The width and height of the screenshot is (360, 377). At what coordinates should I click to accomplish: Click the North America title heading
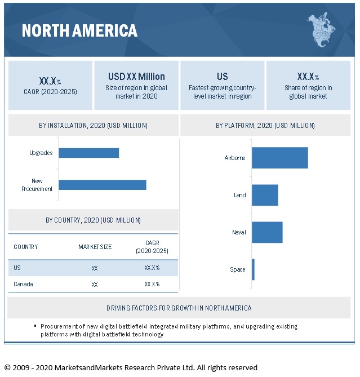[x=79, y=30]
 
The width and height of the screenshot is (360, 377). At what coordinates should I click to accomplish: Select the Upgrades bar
[x=89, y=153]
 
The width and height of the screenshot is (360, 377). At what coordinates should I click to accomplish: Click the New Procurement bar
[x=103, y=185]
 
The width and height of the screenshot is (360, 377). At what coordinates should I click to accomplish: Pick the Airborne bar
[x=280, y=158]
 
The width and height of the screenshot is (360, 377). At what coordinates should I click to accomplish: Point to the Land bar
[x=265, y=195]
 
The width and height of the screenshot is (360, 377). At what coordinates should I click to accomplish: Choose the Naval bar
[x=267, y=232]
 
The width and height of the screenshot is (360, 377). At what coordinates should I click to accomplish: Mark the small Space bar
[x=254, y=269]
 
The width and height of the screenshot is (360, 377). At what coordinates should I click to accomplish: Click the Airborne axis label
[x=235, y=158]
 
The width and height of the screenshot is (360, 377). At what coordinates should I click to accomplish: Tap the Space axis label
[x=238, y=269]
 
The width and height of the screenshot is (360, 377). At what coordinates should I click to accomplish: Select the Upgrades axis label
[x=41, y=153]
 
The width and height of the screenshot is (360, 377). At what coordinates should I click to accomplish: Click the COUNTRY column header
[x=26, y=247]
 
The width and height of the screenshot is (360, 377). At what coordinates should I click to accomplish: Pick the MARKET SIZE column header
[x=95, y=247]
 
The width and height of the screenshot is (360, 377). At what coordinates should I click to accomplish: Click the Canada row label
[x=23, y=284]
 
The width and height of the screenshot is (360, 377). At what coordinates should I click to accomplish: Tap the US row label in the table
[x=17, y=268]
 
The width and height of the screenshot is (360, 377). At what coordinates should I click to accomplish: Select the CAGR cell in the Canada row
[x=152, y=284]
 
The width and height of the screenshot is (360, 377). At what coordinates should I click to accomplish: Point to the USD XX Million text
[x=136, y=76]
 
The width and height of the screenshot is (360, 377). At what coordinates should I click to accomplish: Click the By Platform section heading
[x=265, y=125]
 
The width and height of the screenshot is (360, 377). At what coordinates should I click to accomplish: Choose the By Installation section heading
[x=94, y=125]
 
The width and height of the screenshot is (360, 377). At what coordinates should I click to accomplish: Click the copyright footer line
[x=131, y=367]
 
